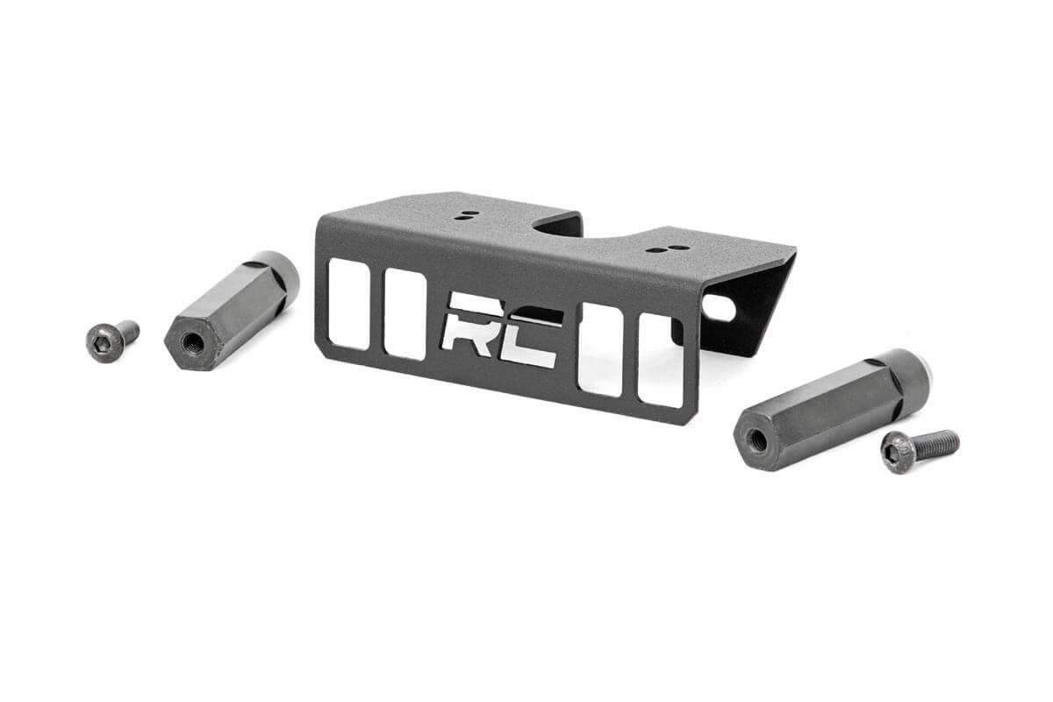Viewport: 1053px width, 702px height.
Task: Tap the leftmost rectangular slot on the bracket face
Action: pos(347,304)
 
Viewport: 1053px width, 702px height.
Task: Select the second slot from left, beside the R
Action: pos(405,314)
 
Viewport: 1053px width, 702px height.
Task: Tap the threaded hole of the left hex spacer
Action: pos(192,342)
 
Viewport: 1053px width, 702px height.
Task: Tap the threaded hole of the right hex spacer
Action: pos(756,441)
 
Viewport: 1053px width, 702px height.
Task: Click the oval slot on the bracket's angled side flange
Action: pos(718,308)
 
